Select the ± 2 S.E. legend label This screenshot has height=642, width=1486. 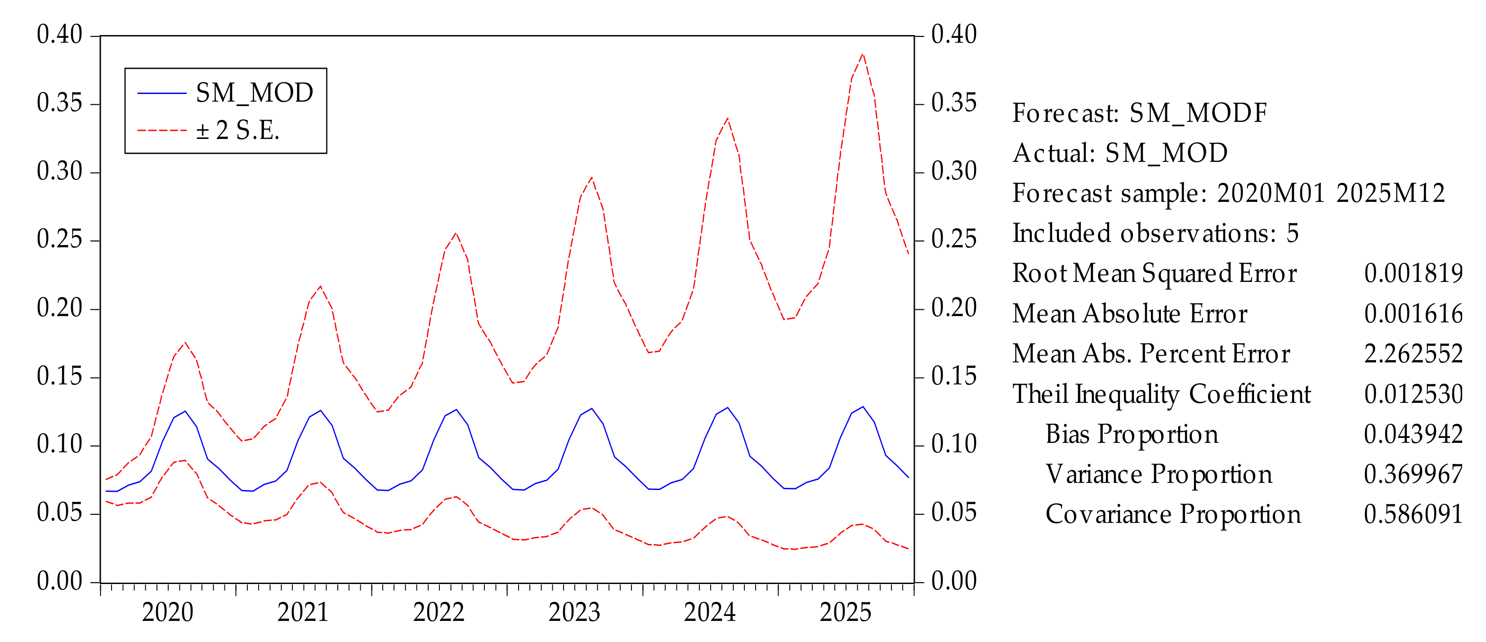click(x=237, y=130)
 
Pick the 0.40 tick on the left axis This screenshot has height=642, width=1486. click(x=60, y=35)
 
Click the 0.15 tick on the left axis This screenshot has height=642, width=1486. click(x=60, y=377)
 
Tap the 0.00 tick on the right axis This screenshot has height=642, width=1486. click(x=953, y=581)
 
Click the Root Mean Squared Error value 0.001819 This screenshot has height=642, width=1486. click(x=1413, y=273)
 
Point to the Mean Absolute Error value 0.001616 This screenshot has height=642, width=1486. click(x=1413, y=314)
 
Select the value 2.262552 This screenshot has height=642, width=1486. click(x=1413, y=353)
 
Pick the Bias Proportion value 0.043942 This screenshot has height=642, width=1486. click(x=1413, y=434)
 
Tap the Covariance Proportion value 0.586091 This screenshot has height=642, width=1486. click(x=1413, y=514)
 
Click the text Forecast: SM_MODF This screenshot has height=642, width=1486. click(x=1139, y=113)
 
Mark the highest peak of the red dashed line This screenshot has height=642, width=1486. click(x=863, y=54)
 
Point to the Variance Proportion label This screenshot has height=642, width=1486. click(x=1158, y=475)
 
